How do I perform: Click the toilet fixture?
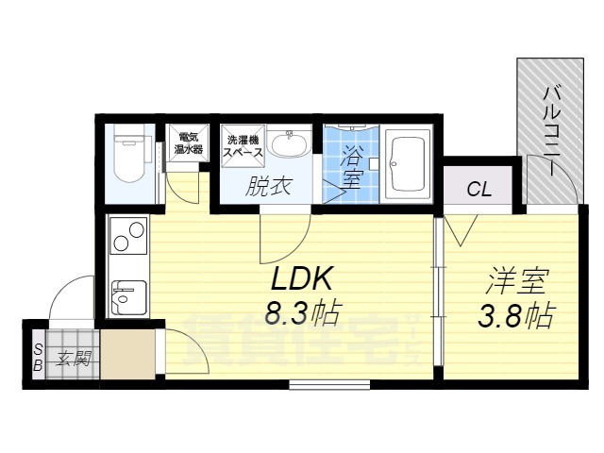(x=130, y=153)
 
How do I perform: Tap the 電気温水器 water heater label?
(x=189, y=143)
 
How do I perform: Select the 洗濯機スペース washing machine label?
(x=243, y=146)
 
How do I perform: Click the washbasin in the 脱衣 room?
(x=290, y=144)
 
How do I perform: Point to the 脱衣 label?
(x=268, y=187)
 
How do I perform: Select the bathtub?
(x=408, y=163)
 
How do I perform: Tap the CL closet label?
(x=478, y=189)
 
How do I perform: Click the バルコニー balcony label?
(x=551, y=132)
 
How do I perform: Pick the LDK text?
(x=302, y=278)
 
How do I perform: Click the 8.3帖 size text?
(x=302, y=313)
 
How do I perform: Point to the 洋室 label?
(x=517, y=282)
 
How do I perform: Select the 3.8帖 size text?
(x=516, y=316)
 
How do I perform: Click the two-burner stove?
(x=128, y=236)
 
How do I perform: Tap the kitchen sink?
(x=128, y=297)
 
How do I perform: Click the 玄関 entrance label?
(x=74, y=359)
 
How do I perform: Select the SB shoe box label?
(x=38, y=358)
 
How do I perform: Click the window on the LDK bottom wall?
(x=329, y=385)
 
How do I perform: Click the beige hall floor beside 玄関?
(x=128, y=354)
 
